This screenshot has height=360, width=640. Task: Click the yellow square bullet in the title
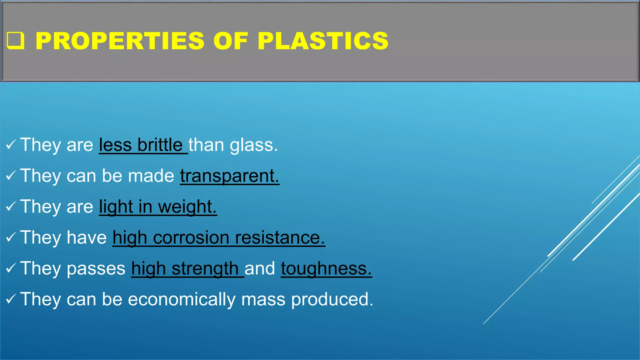[15, 41]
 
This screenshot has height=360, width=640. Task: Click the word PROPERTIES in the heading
[120, 41]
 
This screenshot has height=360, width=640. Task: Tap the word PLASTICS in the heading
[323, 41]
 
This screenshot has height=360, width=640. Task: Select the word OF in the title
[231, 41]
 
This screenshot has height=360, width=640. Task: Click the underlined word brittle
[160, 145]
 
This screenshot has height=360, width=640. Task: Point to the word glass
[253, 145]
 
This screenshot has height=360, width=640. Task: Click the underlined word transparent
[229, 176]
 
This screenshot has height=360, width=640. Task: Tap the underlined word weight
[187, 207]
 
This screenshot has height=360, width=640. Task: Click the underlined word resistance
[280, 237]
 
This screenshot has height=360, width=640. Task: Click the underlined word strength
[205, 268]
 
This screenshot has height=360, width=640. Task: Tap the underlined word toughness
[326, 268]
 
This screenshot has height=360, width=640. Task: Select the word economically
[182, 299]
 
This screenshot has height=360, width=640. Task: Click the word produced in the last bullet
[332, 299]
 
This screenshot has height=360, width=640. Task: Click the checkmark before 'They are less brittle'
[11, 145]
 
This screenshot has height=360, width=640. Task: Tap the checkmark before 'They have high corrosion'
[11, 237]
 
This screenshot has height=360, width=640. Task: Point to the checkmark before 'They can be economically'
[11, 299]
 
